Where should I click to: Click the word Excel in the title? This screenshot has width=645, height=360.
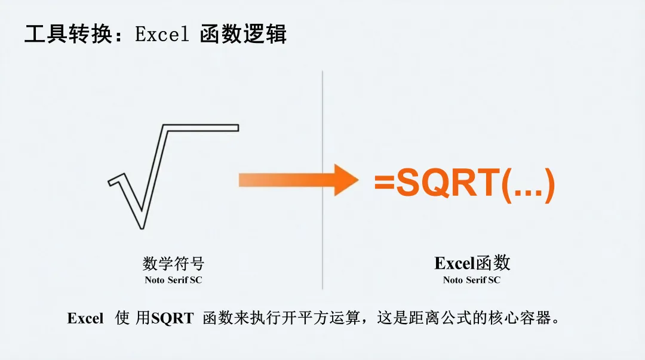(x=162, y=34)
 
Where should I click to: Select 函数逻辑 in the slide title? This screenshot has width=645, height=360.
(x=244, y=34)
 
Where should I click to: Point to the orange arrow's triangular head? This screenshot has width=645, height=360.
(x=345, y=180)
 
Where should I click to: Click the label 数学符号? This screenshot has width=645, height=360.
(x=173, y=263)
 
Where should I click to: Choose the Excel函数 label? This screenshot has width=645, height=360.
(x=472, y=263)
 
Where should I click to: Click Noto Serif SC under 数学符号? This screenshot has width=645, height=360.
(x=173, y=280)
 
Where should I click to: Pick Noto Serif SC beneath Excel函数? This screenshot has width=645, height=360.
(x=472, y=280)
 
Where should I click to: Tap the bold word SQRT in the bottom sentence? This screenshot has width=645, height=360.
(x=173, y=318)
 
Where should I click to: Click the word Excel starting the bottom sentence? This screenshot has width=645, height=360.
(x=85, y=318)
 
